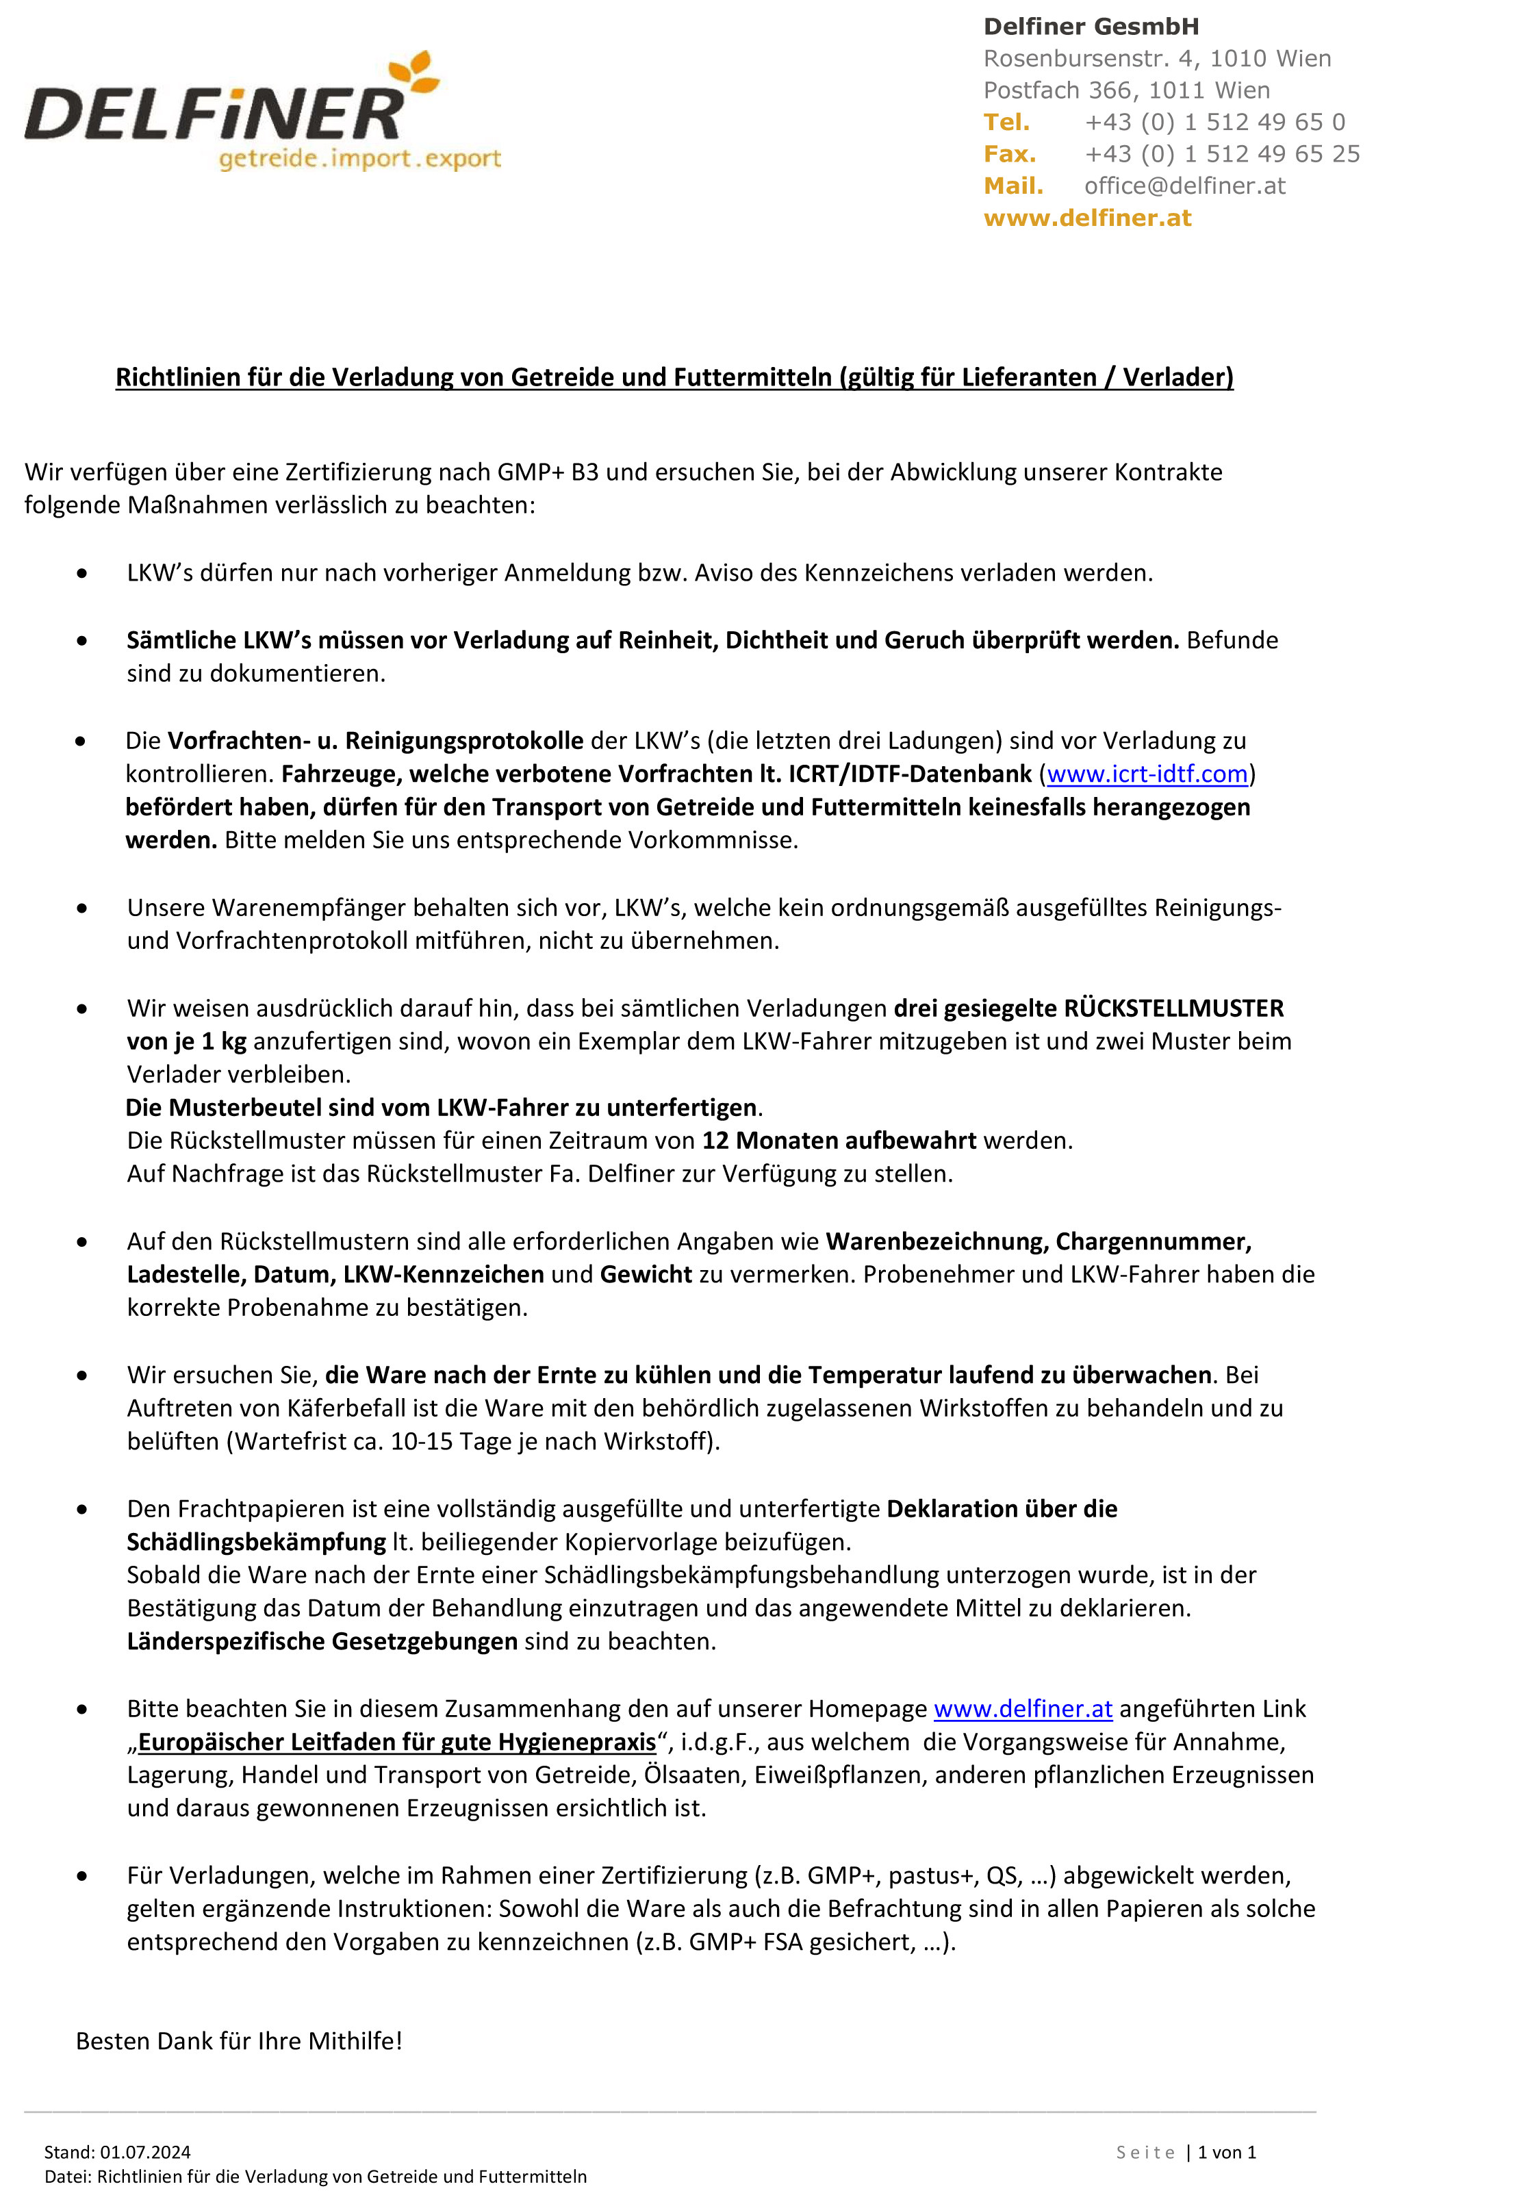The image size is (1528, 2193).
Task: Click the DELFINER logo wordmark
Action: [215, 114]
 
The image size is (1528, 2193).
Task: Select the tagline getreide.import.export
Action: [359, 159]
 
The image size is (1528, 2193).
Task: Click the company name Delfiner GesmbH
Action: [1091, 27]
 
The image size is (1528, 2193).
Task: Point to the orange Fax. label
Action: [1010, 154]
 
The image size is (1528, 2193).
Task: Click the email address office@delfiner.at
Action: [1184, 186]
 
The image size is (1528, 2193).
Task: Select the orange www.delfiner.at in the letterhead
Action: [1087, 218]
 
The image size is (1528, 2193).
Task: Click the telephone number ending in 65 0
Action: [1214, 123]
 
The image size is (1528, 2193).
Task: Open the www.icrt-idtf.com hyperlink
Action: [1147, 774]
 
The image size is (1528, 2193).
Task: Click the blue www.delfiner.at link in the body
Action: [1023, 1709]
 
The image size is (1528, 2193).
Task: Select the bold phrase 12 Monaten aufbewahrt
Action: [839, 1141]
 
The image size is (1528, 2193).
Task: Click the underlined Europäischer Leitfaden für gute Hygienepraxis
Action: [397, 1742]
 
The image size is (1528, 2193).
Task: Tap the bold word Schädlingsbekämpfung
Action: [256, 1542]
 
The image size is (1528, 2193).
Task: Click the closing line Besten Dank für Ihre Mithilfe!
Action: [239, 2041]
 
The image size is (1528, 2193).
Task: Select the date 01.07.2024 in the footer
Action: [145, 2152]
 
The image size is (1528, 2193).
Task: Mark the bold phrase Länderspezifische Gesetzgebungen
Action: [322, 1641]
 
